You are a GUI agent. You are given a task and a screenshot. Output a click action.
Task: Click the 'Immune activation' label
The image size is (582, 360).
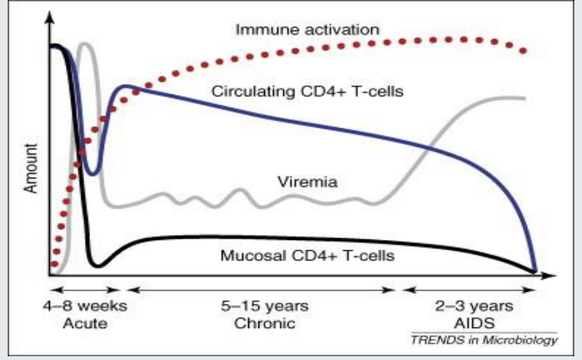(307, 29)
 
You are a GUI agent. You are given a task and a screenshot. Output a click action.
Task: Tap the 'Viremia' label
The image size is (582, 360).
(307, 182)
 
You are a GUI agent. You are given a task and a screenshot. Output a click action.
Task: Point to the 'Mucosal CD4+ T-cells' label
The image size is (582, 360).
(307, 257)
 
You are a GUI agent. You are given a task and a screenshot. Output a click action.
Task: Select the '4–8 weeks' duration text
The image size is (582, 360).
(84, 306)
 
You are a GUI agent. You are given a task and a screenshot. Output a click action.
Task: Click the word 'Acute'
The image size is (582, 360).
(84, 323)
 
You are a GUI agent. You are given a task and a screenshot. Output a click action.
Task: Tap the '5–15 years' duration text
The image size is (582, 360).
(265, 306)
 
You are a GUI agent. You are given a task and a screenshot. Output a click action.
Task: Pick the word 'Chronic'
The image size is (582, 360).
(265, 323)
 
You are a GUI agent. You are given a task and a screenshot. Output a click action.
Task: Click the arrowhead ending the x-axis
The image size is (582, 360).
(550, 276)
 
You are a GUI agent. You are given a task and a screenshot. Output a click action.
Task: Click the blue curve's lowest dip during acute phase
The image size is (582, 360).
(93, 174)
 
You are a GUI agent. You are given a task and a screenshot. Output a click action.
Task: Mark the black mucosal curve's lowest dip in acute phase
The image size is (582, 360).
(97, 266)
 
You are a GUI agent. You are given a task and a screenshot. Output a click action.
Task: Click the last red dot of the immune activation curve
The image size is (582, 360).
(523, 50)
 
